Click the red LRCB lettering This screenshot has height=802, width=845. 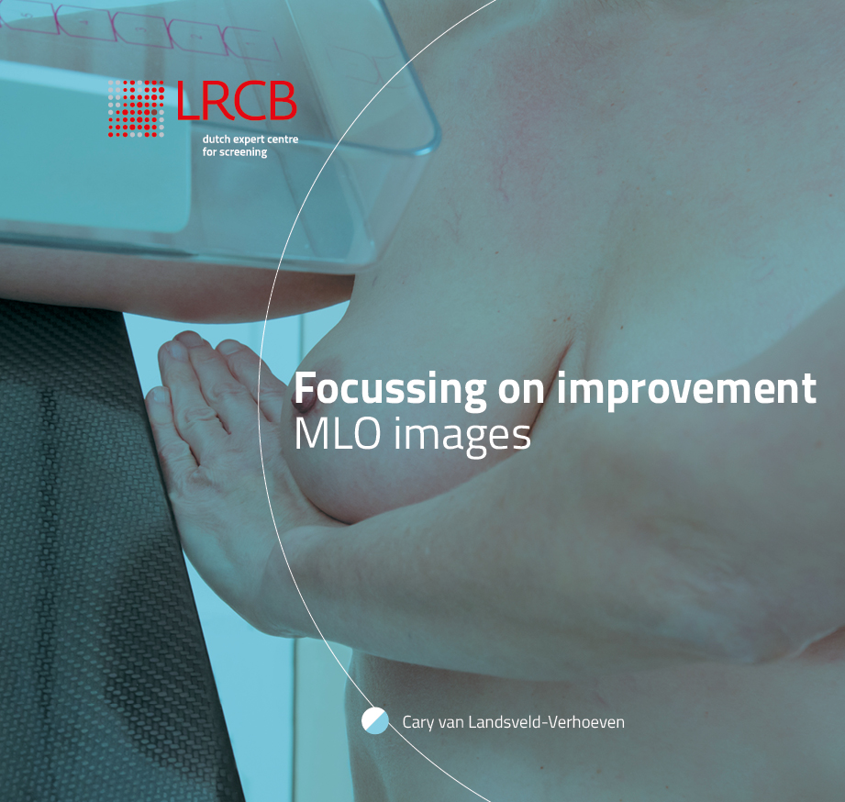(237, 100)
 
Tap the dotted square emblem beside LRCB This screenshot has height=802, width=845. (136, 108)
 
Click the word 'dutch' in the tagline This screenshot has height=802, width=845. (216, 139)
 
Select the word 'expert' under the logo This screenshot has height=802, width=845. (248, 139)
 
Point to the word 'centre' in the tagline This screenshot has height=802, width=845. (283, 139)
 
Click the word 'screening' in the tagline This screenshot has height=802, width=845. (243, 152)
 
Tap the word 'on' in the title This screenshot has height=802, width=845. (520, 391)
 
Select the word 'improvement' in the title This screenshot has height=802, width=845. (686, 389)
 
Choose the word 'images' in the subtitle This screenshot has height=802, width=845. (461, 436)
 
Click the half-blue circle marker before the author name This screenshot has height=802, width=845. (375, 720)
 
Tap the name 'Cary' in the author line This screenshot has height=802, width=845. (418, 722)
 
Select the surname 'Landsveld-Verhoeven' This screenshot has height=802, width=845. (546, 721)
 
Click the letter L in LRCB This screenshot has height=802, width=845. (186, 100)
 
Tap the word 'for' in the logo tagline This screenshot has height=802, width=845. (209, 152)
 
